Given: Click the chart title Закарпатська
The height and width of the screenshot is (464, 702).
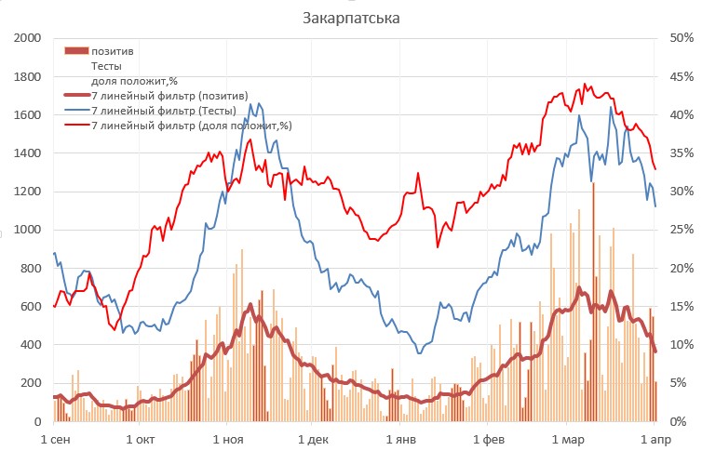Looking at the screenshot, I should [350, 18].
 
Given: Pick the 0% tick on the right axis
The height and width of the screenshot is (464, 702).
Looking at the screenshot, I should [681, 422].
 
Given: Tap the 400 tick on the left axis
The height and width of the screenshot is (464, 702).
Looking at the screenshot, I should [34, 345].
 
